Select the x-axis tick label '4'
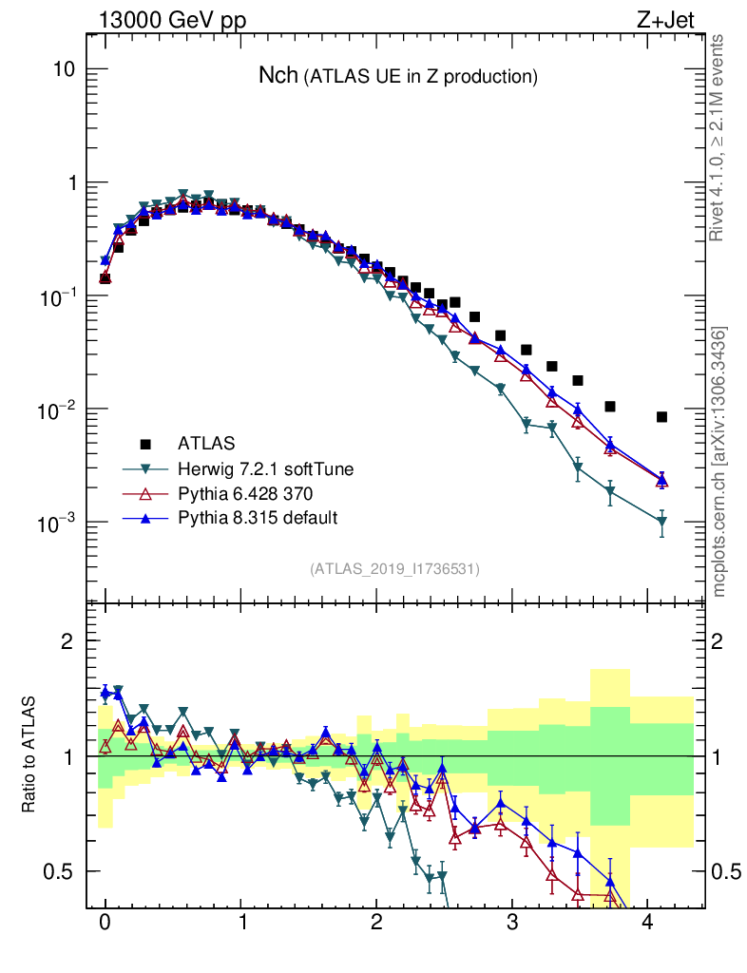648,922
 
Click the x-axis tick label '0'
105,922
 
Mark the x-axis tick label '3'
512,922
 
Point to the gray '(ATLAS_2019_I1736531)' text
394,569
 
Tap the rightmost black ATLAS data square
661,416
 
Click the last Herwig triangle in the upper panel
661,522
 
